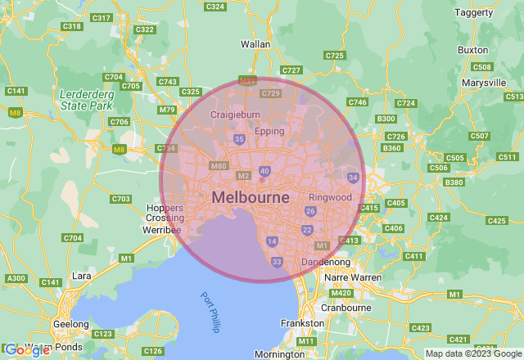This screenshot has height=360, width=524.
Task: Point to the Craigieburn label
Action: (x=236, y=115)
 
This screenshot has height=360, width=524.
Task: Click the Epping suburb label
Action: (x=269, y=131)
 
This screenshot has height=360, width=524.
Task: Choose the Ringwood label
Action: (x=330, y=198)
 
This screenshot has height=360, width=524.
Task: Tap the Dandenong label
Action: (x=327, y=262)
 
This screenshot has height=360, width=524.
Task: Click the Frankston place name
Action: (x=302, y=323)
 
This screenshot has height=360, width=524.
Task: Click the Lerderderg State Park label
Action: (x=86, y=100)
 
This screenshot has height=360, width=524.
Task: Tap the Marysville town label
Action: (x=483, y=83)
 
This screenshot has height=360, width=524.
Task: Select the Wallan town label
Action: (x=255, y=43)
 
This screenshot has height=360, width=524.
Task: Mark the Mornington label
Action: (x=280, y=354)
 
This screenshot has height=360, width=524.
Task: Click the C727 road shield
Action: (x=291, y=70)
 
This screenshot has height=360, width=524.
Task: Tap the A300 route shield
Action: (x=16, y=279)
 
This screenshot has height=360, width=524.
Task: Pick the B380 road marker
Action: (x=453, y=182)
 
